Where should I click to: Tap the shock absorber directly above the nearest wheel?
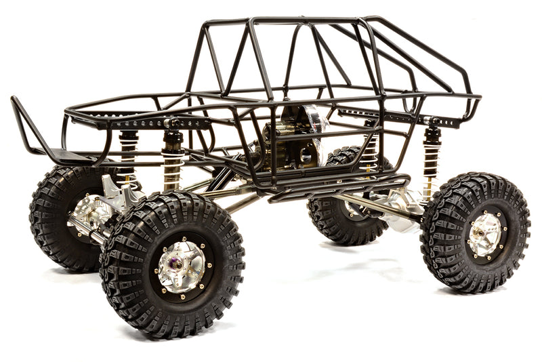tap(173, 163)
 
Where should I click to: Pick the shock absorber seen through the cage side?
tap(369, 153)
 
